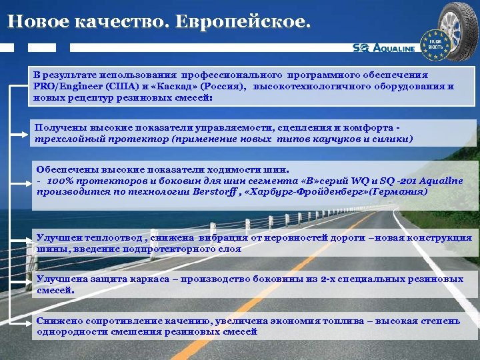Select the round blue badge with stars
click(x=435, y=42)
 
